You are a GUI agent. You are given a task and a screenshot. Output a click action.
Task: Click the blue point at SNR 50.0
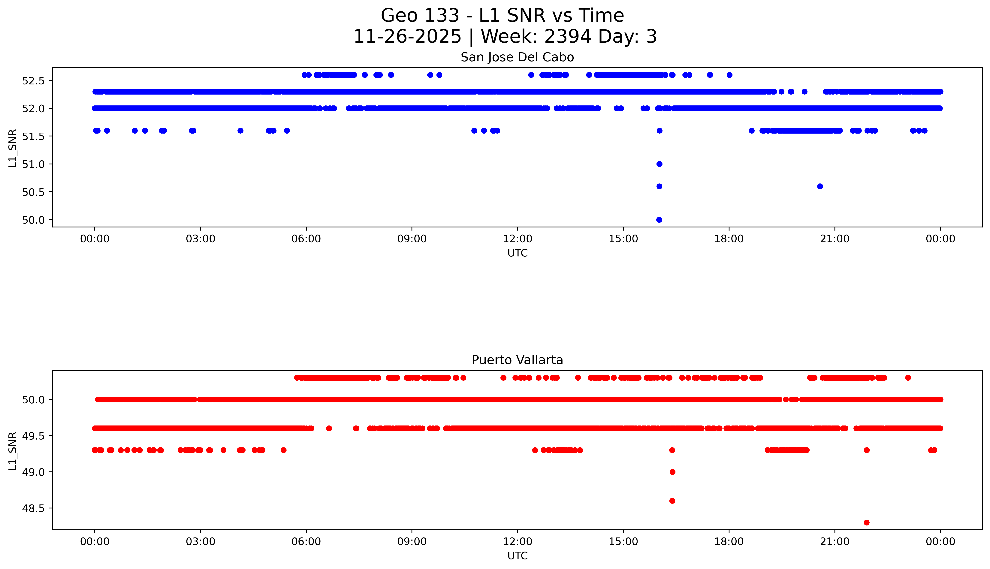[659, 220]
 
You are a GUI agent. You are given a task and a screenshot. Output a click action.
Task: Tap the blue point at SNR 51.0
[659, 164]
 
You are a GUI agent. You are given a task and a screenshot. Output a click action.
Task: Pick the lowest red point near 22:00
[867, 522]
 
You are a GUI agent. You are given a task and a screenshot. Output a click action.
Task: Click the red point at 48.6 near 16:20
[672, 501]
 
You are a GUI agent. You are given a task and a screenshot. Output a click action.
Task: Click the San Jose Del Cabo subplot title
[517, 57]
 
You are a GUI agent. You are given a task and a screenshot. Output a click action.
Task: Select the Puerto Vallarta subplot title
[517, 360]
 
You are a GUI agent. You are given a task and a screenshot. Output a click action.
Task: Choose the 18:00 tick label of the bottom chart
[729, 542]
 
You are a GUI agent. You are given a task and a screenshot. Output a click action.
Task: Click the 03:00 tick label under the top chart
[201, 239]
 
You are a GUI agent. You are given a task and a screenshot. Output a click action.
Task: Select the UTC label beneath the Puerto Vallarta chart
[517, 556]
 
